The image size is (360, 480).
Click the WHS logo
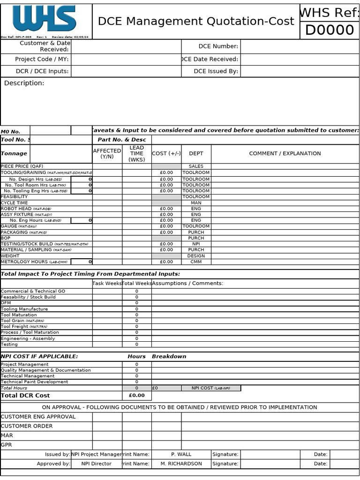pos(45,19)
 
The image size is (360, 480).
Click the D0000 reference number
pos(330,30)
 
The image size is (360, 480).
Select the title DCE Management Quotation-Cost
pos(196,22)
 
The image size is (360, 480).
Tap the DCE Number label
pos(218,46)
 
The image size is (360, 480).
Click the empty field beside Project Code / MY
pos(126,60)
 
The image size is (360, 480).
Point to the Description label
pos(24,83)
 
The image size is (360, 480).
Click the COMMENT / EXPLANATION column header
pos(285,154)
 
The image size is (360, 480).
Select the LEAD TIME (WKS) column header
pos(136,154)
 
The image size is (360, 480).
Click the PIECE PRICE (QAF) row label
pos(22,166)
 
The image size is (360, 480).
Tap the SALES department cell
pos(196,166)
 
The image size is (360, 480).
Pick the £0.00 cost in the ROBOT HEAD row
pos(166,209)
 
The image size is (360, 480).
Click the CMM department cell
pos(196,262)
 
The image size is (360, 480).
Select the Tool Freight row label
pos(24,327)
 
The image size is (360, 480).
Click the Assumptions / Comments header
pos(187,284)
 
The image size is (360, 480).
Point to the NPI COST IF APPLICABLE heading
pos(39,357)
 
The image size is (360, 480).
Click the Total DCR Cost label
pos(25,396)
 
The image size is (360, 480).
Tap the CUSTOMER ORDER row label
pos(27,426)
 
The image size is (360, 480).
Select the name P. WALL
pos(181,454)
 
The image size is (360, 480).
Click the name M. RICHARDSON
pos(181,464)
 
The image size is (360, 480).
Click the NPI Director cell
pos(96,464)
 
